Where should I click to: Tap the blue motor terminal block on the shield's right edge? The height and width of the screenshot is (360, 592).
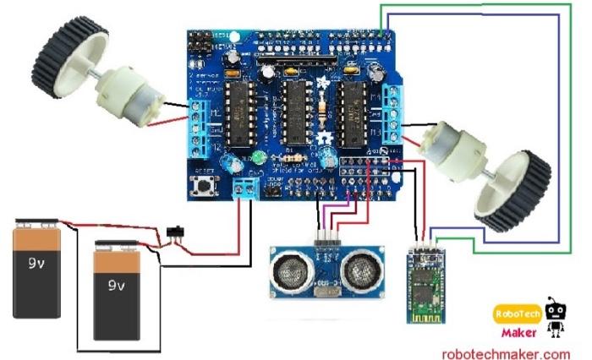coord(392,114)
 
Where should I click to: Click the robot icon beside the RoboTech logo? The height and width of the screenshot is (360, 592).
coord(555,316)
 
